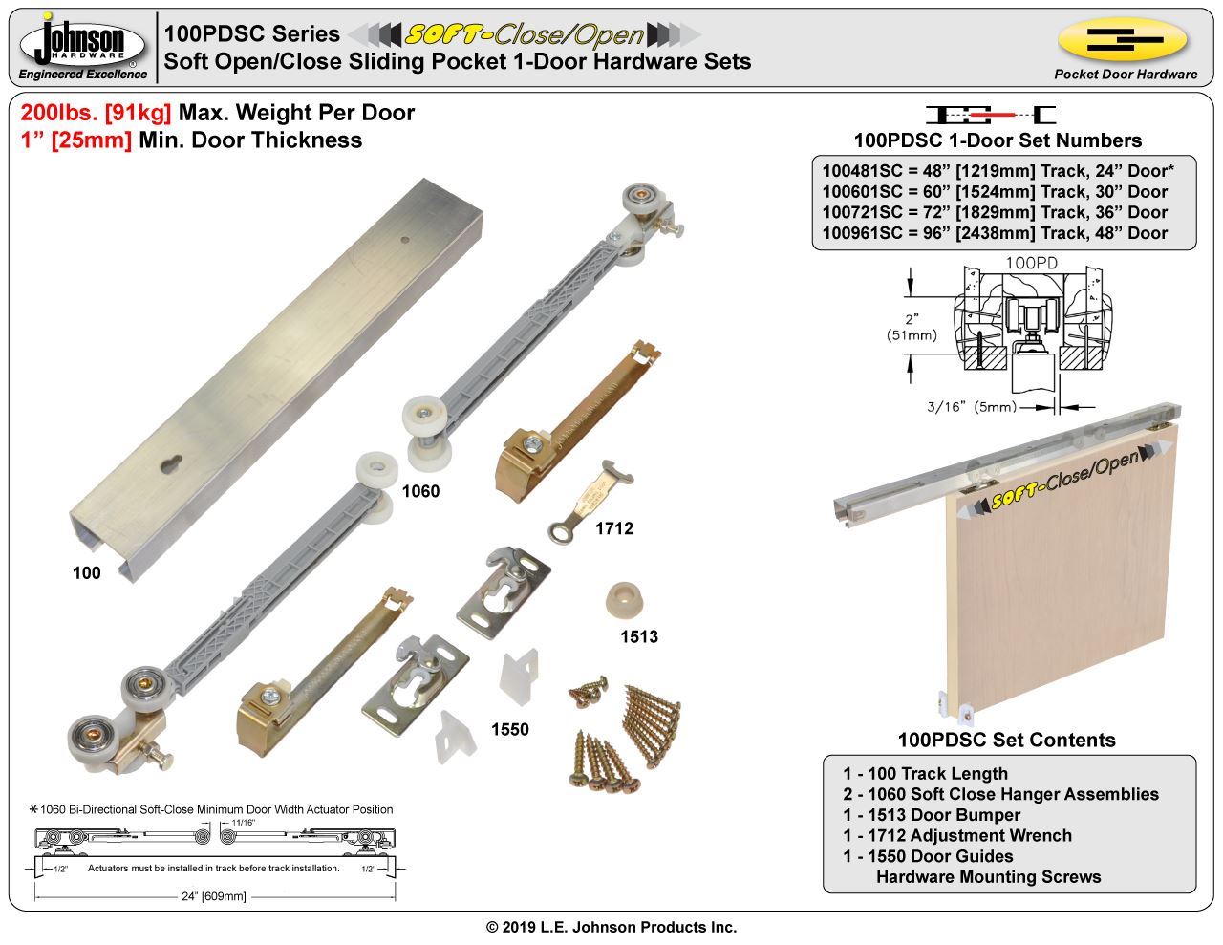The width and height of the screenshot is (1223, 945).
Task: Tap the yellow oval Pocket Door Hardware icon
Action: tap(1123, 39)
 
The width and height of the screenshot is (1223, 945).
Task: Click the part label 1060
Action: tap(420, 491)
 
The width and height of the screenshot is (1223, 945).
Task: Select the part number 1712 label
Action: tap(614, 528)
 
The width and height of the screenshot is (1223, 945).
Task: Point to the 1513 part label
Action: tap(639, 636)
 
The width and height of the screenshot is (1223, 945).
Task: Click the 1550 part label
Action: tap(510, 729)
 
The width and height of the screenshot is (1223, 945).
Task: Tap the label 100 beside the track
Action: tap(87, 573)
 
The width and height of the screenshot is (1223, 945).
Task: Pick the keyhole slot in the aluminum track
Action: tap(171, 464)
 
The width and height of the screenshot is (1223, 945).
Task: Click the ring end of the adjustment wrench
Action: tap(558, 530)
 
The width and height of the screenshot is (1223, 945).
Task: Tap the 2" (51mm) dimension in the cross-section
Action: tap(912, 327)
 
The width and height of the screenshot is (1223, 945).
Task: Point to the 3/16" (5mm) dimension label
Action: tap(972, 406)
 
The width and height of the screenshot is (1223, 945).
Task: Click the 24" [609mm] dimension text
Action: tap(214, 896)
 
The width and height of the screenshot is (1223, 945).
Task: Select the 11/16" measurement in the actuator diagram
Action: tap(243, 823)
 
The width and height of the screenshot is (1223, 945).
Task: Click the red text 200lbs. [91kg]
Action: tap(96, 113)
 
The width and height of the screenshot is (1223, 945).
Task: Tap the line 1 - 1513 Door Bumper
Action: tap(932, 815)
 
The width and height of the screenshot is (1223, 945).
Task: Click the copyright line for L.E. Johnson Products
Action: tap(611, 927)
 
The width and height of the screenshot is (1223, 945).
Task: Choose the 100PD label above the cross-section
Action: tap(1031, 263)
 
